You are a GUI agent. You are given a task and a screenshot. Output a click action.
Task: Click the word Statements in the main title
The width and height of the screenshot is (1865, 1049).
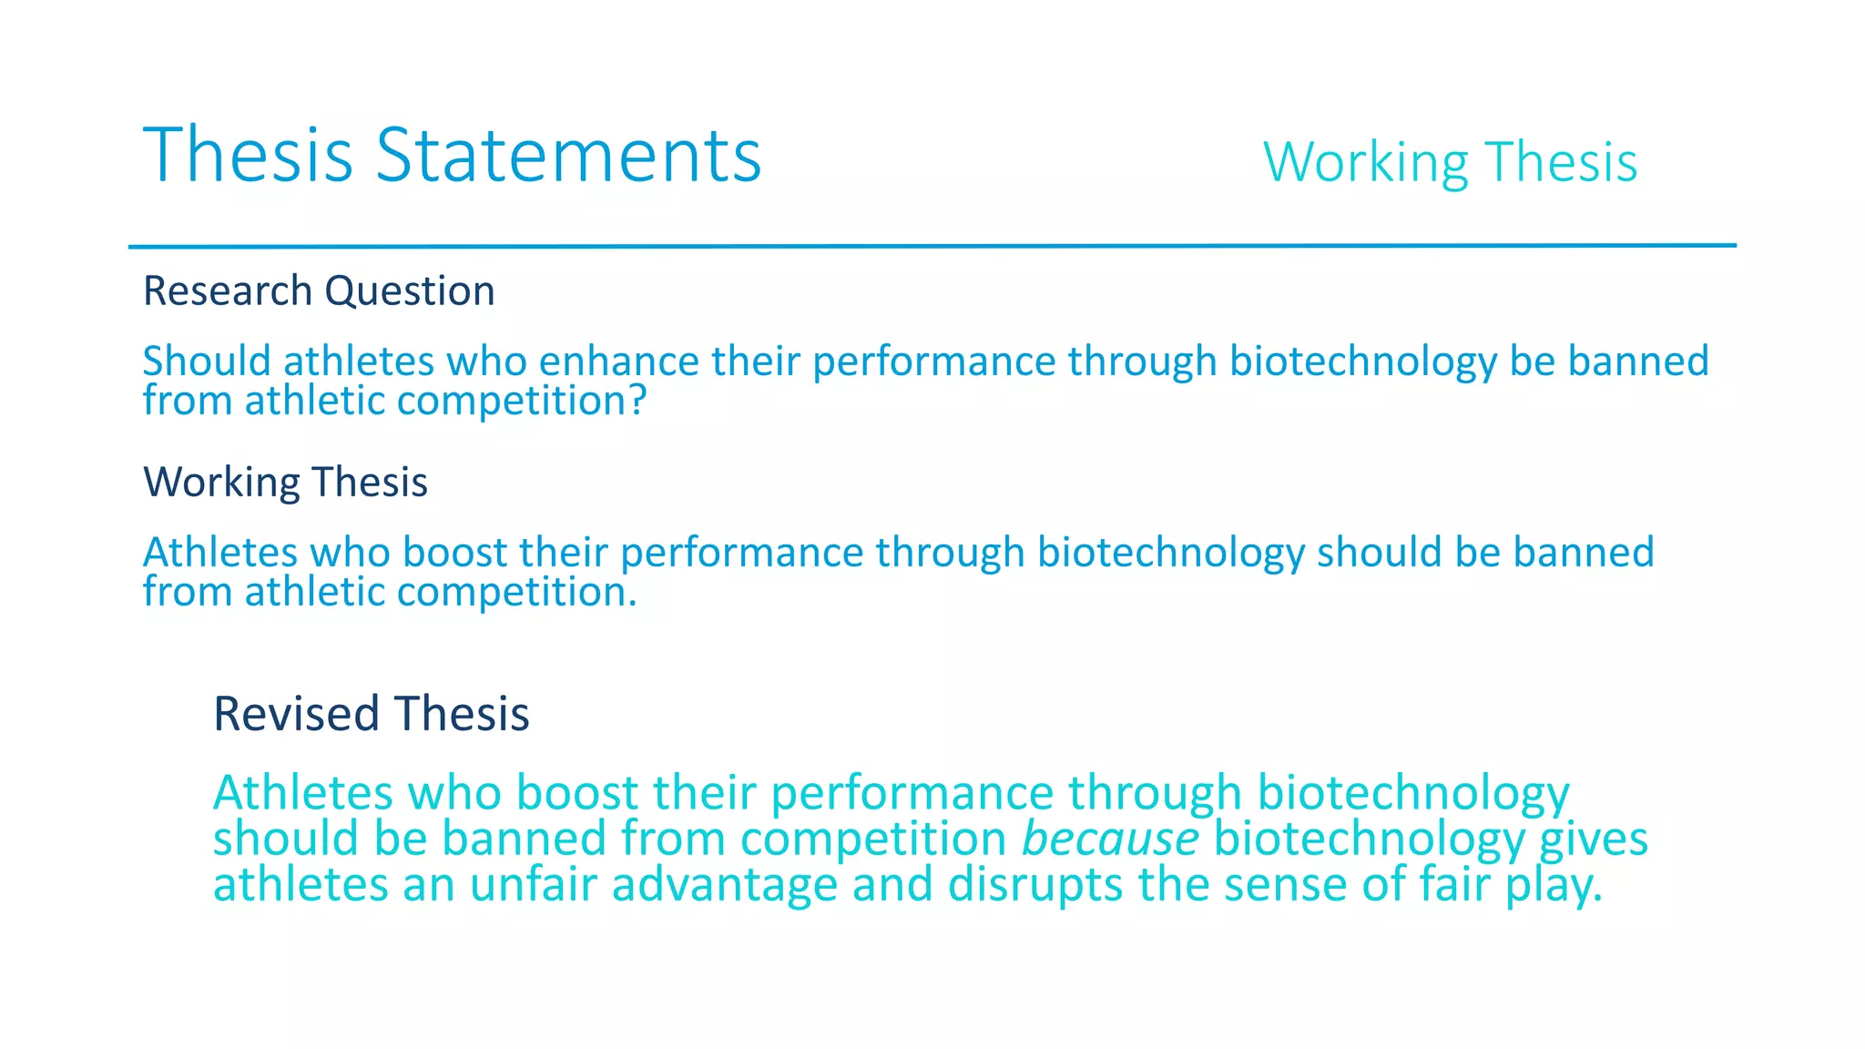(568, 155)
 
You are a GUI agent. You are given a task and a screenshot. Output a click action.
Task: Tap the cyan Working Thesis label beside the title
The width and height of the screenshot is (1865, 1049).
(1450, 163)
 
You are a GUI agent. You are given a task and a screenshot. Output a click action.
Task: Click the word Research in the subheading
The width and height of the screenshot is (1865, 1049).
(228, 291)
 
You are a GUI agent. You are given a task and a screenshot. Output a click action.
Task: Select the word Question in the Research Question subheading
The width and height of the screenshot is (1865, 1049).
(410, 292)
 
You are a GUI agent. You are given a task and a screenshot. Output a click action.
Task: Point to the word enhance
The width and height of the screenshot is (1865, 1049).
(619, 362)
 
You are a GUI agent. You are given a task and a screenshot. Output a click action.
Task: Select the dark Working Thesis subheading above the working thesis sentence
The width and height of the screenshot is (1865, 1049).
(285, 483)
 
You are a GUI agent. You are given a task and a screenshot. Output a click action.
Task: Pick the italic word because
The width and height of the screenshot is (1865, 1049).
(1110, 839)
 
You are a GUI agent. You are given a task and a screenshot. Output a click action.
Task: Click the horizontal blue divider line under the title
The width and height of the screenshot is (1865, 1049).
(932, 246)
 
